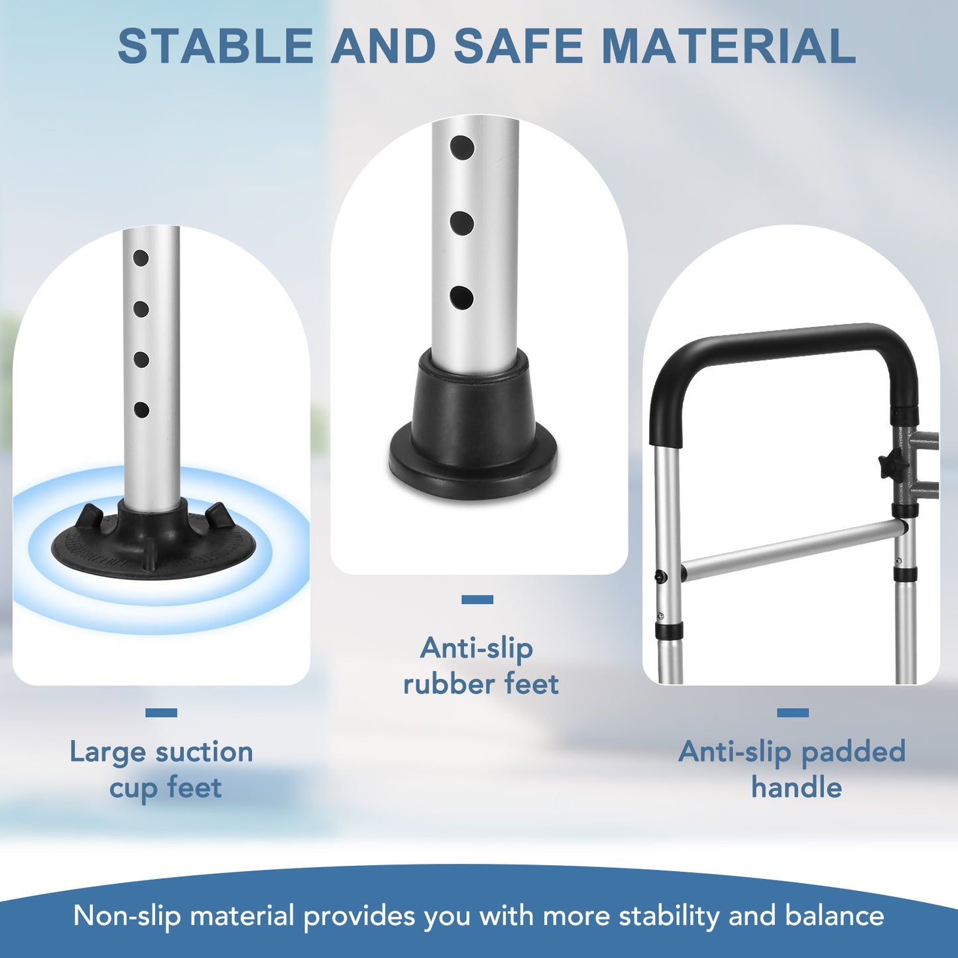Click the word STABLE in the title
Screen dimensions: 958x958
215,46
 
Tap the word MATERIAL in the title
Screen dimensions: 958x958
729,46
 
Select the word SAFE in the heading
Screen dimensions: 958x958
518,46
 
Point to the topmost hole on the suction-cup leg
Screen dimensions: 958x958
141,257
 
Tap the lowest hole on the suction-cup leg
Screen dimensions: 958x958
141,410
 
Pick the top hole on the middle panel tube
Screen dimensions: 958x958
461,148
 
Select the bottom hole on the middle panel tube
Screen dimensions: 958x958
461,298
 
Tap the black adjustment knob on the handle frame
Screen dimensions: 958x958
886,465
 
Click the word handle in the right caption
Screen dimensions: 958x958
796,787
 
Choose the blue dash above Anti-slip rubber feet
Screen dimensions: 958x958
477,599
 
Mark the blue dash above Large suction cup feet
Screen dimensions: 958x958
161,713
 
